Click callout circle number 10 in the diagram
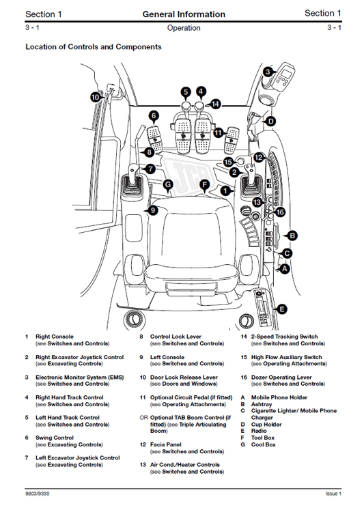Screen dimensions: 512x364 coord(96,98)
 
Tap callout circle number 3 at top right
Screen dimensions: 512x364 coord(268,72)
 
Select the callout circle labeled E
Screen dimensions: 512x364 coord(282,309)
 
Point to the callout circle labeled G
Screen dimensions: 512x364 coord(167,184)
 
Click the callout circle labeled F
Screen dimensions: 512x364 coord(203,184)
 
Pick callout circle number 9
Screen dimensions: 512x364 coord(154,210)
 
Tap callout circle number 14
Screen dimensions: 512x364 coord(216,104)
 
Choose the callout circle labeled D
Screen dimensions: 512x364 coord(270,122)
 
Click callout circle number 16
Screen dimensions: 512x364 coord(279,212)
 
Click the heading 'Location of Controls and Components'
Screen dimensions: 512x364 coord(93,47)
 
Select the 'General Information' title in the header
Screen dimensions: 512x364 coord(184,14)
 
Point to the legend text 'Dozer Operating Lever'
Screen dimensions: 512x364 coord(281,378)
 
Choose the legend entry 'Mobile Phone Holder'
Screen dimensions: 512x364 coord(279,397)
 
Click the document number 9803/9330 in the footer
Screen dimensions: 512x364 coord(40,493)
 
